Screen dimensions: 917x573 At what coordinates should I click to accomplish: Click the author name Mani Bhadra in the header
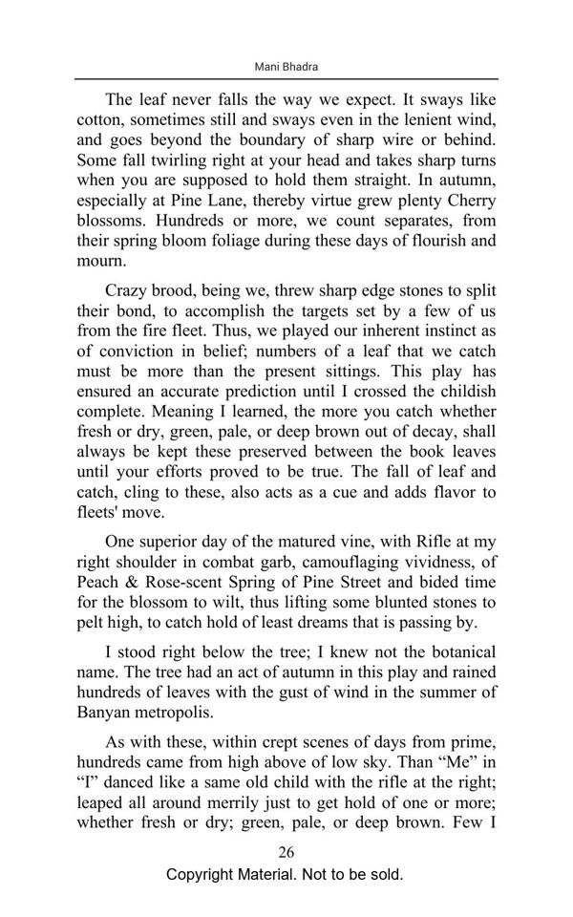[x=286, y=67]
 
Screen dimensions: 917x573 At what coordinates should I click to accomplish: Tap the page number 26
[x=286, y=852]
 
